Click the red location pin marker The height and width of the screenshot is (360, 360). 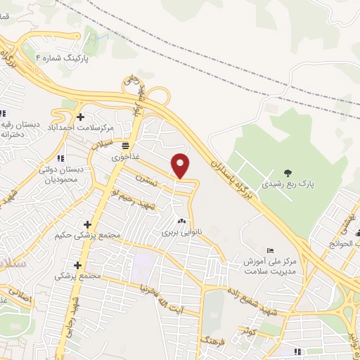pos(181,166)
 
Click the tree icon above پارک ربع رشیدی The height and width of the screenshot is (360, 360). pos(287,173)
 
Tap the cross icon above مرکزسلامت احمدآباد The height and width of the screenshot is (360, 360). pos(80,117)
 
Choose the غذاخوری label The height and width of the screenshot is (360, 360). pos(125,157)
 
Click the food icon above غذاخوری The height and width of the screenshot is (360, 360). pos(125,146)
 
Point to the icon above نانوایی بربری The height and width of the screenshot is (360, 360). pos(182,220)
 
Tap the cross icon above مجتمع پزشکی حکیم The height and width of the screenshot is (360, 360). pos(87,224)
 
